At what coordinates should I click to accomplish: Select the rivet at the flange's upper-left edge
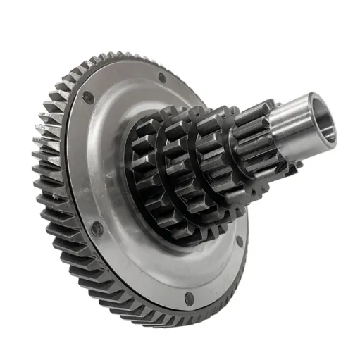[88, 98]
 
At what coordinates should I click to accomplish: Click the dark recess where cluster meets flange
[134, 211]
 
